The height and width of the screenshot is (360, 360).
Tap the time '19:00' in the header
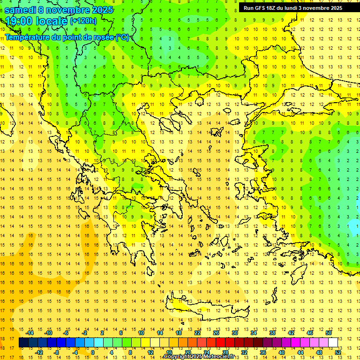tap(20, 21)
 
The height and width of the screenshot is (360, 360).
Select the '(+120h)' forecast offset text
tap(83, 21)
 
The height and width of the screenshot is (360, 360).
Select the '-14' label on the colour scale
tap(30, 333)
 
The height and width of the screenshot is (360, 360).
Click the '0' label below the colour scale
tap(93, 352)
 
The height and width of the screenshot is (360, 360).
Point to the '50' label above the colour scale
tap(329, 333)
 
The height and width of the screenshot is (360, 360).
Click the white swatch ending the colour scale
tap(333, 342)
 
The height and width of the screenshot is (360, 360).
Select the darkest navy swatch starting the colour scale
tap(23, 342)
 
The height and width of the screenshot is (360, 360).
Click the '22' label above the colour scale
tap(197, 333)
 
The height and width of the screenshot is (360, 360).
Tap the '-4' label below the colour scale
tap(75, 352)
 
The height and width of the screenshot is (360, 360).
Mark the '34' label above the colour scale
tap(254, 333)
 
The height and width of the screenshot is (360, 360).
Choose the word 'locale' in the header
tap(52, 21)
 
